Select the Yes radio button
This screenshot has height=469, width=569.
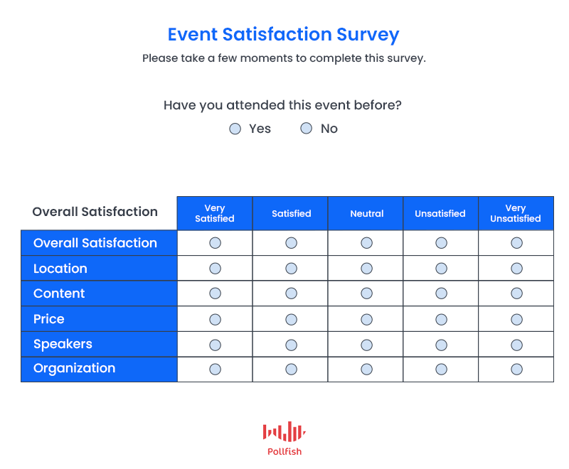pyautogui.click(x=235, y=129)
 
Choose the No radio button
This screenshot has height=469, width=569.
pyautogui.click(x=307, y=128)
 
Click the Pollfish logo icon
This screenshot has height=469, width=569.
pyautogui.click(x=284, y=431)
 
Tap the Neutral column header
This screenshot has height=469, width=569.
pyautogui.click(x=367, y=213)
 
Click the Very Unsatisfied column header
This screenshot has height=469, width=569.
pyautogui.click(x=516, y=213)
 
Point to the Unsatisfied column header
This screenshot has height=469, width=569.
pyautogui.click(x=440, y=213)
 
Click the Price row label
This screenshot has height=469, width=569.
pyautogui.click(x=49, y=319)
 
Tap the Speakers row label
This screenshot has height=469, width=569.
pyautogui.click(x=63, y=344)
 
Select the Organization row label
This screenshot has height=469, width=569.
pyautogui.click(x=75, y=368)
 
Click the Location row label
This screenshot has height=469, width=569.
pyautogui.click(x=60, y=269)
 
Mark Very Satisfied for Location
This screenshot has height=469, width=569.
pyautogui.click(x=216, y=269)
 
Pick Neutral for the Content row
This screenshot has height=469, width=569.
pyautogui.click(x=366, y=293)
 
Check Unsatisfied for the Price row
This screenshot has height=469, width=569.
pyautogui.click(x=441, y=319)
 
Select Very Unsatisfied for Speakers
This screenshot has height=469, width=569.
pyautogui.click(x=517, y=345)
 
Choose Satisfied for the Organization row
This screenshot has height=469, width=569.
pyautogui.click(x=291, y=370)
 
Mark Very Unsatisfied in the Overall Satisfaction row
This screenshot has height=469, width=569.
pyautogui.click(x=517, y=243)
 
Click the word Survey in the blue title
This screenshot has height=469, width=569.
pyautogui.click(x=368, y=35)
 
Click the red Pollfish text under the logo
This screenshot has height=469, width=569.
pyautogui.click(x=284, y=452)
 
